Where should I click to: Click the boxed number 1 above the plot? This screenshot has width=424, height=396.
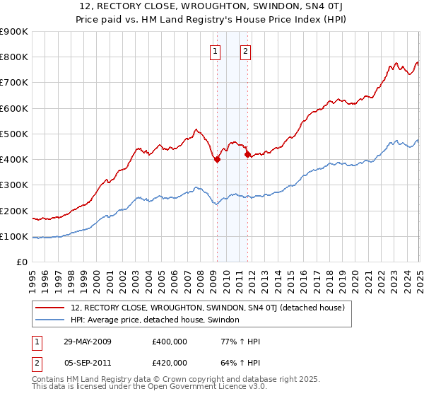click(x=214, y=50)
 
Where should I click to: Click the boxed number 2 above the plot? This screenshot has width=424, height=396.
click(x=245, y=50)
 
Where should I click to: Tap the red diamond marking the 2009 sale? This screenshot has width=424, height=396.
click(x=217, y=159)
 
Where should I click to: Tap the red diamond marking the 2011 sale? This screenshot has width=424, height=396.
click(x=247, y=154)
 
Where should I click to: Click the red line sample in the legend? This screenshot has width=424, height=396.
click(x=50, y=308)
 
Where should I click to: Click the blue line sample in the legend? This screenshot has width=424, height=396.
click(x=50, y=320)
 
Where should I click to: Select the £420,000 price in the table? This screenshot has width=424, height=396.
click(x=169, y=363)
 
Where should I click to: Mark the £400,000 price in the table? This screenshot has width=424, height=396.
click(x=169, y=342)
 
